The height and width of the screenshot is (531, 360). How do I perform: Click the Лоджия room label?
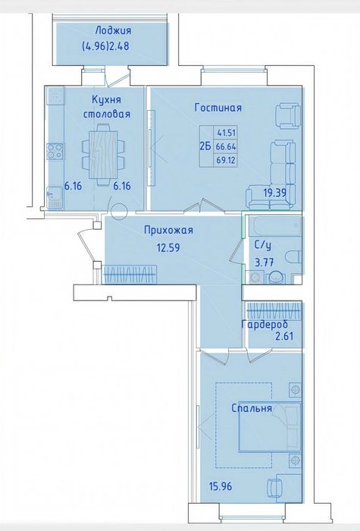[113, 31]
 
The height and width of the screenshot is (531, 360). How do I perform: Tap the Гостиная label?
[218, 108]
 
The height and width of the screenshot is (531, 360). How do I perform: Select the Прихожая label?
[168, 231]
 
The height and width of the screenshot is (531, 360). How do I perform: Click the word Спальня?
[252, 408]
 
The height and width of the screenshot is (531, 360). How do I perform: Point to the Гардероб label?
[265, 325]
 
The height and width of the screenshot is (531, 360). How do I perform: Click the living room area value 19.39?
[274, 193]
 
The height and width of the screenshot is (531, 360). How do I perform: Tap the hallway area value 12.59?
[168, 247]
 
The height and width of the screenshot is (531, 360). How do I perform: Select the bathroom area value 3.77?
[265, 262]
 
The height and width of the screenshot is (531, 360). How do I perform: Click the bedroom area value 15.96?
[221, 487]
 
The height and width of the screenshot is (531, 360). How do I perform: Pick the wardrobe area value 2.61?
[283, 336]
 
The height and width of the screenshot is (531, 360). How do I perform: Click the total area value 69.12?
[226, 159]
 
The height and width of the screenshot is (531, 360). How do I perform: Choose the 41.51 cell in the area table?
[227, 133]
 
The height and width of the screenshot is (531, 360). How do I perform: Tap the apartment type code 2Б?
[205, 146]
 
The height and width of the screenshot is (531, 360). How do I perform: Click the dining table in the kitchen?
[103, 155]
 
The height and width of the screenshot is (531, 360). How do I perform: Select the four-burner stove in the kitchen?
[55, 152]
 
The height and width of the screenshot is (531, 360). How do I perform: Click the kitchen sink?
[54, 197]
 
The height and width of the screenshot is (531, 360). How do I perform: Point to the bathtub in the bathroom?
[274, 226]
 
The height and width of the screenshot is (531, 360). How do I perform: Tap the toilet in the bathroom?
[293, 256]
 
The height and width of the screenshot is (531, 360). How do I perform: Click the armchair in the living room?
[288, 116]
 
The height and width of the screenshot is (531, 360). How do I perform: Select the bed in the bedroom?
[270, 427]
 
